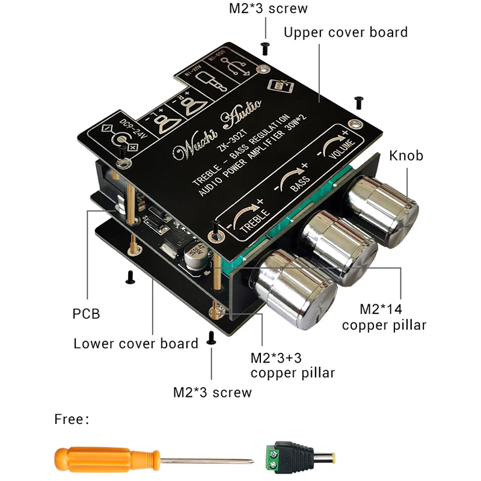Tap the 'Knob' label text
click(x=406, y=156)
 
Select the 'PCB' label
click(x=85, y=313)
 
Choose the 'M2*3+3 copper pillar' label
click(x=292, y=365)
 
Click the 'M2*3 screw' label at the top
click(x=268, y=8)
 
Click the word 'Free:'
click(x=71, y=419)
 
